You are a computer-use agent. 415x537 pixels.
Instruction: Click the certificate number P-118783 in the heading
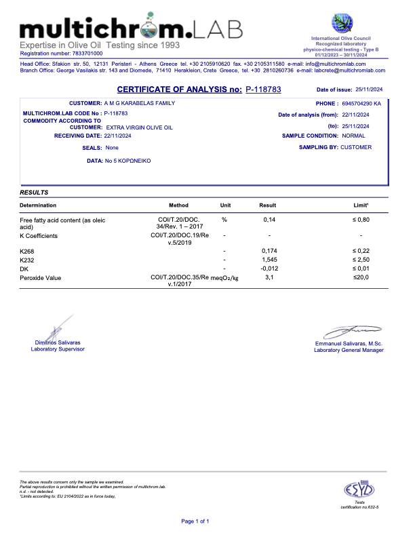pos(263,89)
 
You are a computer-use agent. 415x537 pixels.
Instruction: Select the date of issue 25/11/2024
pos(370,89)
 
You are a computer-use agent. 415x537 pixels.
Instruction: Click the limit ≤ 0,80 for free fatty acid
pos(360,220)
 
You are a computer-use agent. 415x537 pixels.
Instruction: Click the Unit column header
pos(226,205)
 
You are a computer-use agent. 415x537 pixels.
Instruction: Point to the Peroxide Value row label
pos(40,278)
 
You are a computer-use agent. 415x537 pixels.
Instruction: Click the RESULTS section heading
pos(34,193)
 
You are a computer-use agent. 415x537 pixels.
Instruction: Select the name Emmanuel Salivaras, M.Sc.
pos(344,344)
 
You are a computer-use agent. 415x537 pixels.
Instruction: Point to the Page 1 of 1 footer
pos(195,521)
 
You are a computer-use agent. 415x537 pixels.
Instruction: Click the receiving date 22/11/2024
pos(118,136)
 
